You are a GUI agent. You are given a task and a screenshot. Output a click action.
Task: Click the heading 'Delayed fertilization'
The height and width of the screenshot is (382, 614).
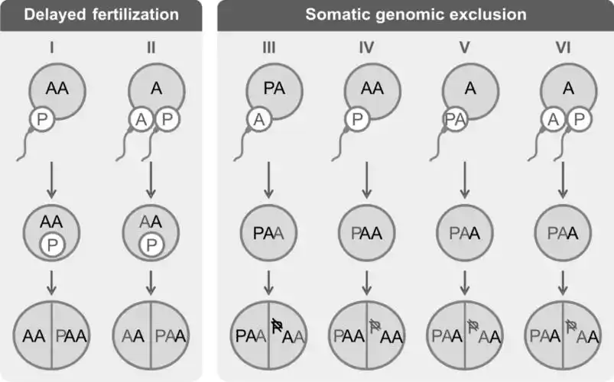coord(102,15)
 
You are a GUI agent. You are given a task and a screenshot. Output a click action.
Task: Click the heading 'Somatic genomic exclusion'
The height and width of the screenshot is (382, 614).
coord(414,15)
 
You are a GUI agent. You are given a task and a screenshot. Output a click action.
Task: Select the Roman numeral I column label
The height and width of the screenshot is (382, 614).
coord(52,48)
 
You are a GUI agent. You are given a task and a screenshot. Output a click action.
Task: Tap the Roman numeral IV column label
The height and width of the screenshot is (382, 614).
coord(367,48)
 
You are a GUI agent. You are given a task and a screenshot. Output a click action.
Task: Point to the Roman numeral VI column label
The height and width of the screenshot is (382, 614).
coord(564,48)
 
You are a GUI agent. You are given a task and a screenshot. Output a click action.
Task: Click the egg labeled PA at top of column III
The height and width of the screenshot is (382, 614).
coord(271,89)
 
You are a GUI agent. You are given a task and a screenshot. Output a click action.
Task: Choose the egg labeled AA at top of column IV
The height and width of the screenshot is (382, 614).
coord(370,89)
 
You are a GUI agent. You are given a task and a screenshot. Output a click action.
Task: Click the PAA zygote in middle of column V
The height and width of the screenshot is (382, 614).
coord(466,230)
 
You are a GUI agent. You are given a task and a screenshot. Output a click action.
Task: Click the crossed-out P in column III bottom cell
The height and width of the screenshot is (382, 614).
coord(277,326)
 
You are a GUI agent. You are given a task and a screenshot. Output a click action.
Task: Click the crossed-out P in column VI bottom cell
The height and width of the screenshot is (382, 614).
coord(570,326)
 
